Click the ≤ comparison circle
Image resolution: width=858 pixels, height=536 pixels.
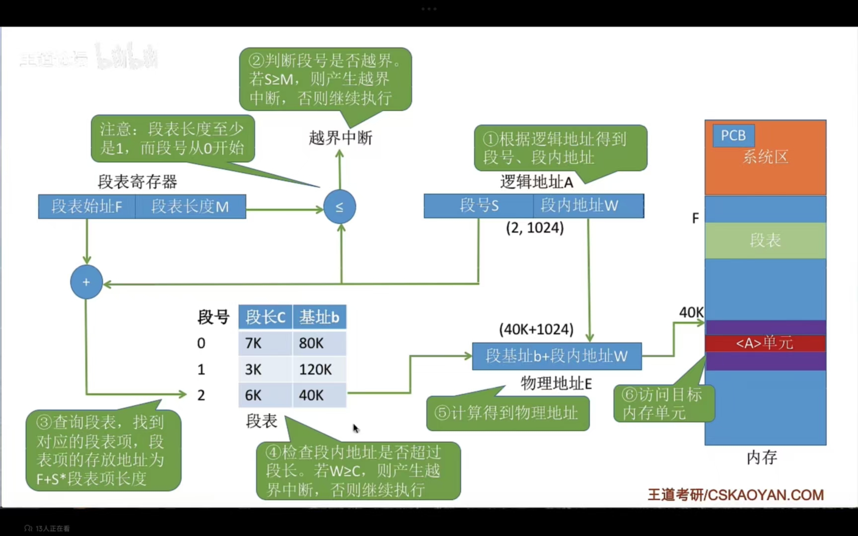[340, 206]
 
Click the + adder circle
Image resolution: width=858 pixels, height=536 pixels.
[86, 282]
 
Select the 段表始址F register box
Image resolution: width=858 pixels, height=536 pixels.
[87, 206]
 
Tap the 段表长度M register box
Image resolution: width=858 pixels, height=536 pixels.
[190, 206]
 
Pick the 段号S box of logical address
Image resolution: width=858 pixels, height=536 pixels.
[479, 205]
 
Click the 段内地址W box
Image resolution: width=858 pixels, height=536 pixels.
[588, 205]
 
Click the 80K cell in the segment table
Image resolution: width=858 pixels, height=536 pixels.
[319, 343]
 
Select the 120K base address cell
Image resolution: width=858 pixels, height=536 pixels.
[319, 369]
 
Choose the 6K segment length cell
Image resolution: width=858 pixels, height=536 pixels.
[265, 395]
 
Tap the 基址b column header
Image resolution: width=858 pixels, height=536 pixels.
[319, 317]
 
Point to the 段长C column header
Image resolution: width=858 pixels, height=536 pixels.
[265, 317]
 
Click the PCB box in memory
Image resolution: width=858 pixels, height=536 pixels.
[733, 135]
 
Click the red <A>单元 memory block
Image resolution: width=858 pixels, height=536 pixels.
[765, 343]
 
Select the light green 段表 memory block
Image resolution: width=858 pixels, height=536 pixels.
[765, 240]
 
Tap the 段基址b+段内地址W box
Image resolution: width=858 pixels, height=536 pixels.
[557, 356]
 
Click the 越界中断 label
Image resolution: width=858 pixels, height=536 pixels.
[341, 138]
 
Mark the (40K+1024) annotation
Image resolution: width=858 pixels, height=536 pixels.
[536, 329]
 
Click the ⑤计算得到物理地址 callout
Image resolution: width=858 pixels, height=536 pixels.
[507, 413]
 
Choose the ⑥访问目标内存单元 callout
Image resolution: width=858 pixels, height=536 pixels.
[663, 403]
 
